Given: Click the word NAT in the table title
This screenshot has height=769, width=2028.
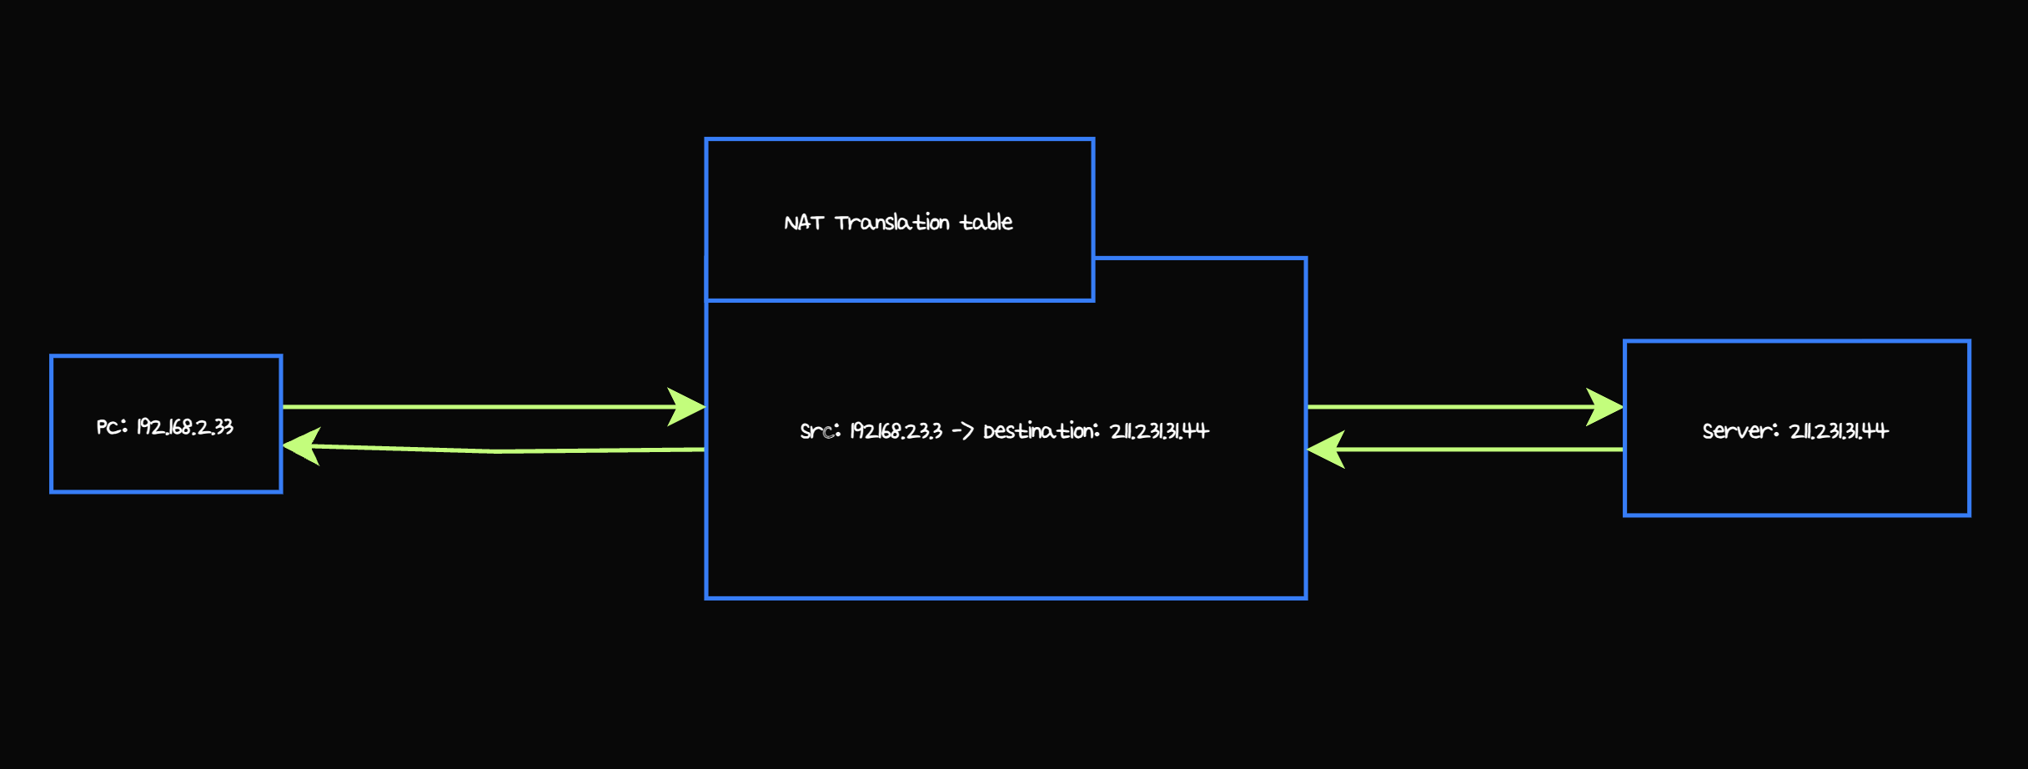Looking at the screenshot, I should (x=803, y=223).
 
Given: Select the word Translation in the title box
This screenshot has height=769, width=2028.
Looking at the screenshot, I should (x=892, y=223).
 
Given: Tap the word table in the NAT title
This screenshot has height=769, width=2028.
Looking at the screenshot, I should (x=986, y=223).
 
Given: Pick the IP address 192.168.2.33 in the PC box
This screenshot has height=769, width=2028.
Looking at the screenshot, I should (x=185, y=427).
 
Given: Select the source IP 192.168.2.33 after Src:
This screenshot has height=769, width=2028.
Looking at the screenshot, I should (x=896, y=431).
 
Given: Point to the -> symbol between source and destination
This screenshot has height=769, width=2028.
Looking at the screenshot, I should (x=962, y=431).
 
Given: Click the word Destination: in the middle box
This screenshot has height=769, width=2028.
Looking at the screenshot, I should (x=1041, y=431).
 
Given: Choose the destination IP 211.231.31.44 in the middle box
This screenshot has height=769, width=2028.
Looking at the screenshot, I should (x=1159, y=431).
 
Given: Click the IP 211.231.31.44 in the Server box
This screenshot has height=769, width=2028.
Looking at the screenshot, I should (x=1839, y=431).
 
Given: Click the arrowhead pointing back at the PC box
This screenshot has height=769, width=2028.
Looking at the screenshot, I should (x=301, y=446).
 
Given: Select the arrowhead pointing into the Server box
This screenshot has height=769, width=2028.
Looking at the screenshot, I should (x=1604, y=407).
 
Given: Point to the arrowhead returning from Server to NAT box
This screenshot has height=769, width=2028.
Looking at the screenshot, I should (x=1326, y=450).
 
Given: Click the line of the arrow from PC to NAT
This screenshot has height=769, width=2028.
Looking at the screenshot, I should (x=475, y=407).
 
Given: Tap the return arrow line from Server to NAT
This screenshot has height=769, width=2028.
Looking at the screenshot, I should (x=1484, y=450).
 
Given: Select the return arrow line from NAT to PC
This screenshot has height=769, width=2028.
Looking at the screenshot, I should (x=500, y=451).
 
